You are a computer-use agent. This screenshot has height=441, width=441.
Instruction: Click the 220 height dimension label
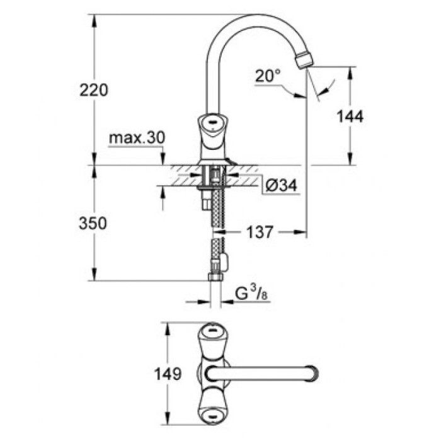point(93,90)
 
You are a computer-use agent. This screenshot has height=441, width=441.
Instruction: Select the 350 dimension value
point(93,223)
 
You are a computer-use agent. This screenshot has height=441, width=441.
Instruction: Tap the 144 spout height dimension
point(350,116)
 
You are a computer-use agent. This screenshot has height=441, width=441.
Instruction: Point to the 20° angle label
point(268,77)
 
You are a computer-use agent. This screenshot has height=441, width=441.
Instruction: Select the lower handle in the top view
point(214,409)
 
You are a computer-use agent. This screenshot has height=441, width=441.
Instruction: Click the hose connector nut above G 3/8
point(215,277)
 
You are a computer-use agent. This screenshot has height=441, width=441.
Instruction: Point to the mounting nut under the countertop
point(209,186)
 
